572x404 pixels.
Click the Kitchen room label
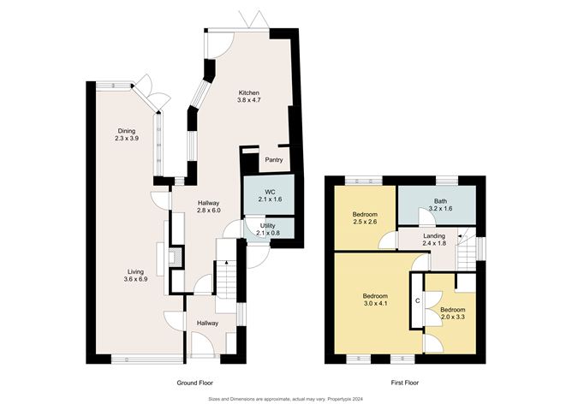pos(248,97)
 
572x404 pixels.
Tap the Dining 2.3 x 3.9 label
pos(127,134)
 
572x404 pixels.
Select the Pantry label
pos(275,159)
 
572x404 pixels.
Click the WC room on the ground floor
pos(269,194)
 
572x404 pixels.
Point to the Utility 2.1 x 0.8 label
pos(268,229)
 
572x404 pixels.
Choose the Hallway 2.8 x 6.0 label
pos(209,205)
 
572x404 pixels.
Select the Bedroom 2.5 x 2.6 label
pos(365,217)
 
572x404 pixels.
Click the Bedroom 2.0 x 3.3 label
pos(452,312)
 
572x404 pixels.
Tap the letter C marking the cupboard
pos(417,300)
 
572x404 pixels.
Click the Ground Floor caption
pos(194,382)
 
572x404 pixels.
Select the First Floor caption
pos(401,382)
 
